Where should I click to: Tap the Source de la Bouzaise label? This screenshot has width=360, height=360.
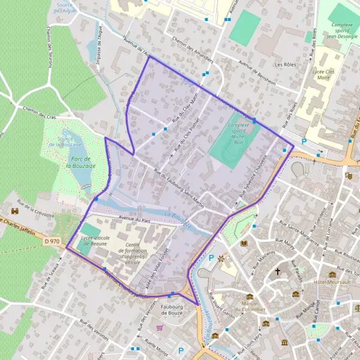pyautogui.click(x=65, y=142)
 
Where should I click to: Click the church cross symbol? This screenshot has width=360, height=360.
pyautogui.click(x=277, y=271)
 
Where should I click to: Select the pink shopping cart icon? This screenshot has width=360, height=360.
pyautogui.click(x=160, y=328)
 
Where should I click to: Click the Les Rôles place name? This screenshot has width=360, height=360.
pyautogui.click(x=286, y=64)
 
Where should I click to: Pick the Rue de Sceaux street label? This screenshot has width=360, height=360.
pyautogui.click(x=51, y=277)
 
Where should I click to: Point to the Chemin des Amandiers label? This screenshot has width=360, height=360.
pyautogui.click(x=192, y=49)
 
